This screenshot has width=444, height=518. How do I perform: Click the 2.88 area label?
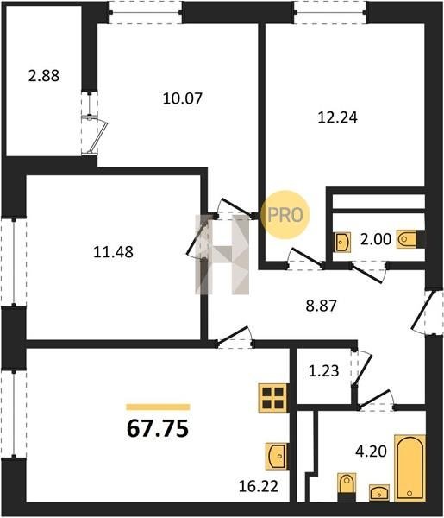(x=44, y=76)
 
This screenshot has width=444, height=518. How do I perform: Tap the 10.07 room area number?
(x=183, y=98)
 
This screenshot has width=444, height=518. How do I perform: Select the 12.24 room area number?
(x=337, y=117)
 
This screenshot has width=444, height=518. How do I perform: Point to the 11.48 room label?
(x=114, y=252)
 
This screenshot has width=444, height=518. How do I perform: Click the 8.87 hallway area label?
(x=322, y=306)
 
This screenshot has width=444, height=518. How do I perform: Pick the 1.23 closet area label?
(x=323, y=370)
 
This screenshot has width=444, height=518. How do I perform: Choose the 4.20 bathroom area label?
(x=371, y=452)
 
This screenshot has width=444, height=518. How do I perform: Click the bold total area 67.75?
(x=158, y=428)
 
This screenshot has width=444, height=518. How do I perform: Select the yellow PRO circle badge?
(x=285, y=215)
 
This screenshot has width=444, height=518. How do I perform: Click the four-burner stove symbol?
(x=273, y=398)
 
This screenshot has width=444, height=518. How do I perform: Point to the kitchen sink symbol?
(x=277, y=456)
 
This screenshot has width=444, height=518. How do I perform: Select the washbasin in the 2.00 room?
(x=342, y=242)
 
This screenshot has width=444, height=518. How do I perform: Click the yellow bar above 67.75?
(x=158, y=407)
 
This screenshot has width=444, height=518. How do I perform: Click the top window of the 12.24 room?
(x=330, y=13)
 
